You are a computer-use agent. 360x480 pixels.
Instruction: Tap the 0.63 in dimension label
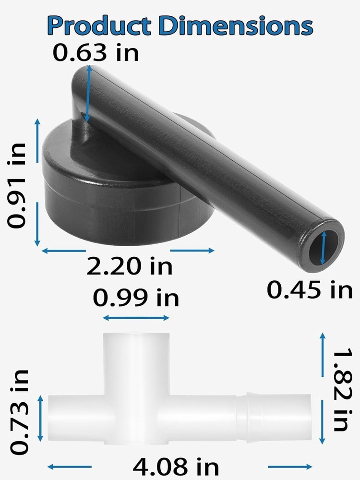pos(96,52)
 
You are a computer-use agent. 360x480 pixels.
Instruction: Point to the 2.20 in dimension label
pos(129,266)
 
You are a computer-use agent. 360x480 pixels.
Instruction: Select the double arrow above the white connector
pos(136,318)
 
